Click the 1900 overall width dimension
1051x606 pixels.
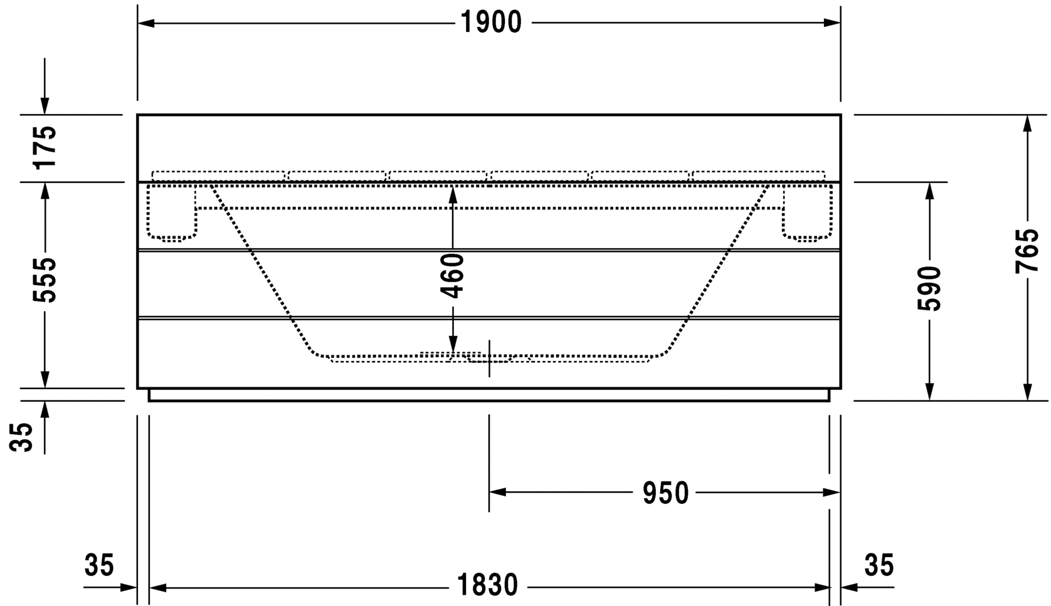coord(491,23)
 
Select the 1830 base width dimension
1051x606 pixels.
coord(487,585)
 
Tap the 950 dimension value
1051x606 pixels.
coord(665,493)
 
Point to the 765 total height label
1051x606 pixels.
coord(1026,251)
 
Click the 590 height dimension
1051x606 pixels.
coord(929,288)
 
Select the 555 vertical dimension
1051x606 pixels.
coord(45,280)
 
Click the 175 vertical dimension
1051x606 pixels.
coord(45,147)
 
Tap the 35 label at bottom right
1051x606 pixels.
coord(879,565)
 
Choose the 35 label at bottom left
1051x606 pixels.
coord(99,565)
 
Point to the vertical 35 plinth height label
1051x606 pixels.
coord(21,437)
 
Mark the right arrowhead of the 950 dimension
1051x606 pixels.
coord(832,493)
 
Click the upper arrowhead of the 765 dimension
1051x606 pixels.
coord(1027,123)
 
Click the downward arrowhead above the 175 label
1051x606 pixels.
coord(45,106)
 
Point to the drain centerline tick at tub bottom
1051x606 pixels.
coord(489,358)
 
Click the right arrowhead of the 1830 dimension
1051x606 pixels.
coord(821,587)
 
